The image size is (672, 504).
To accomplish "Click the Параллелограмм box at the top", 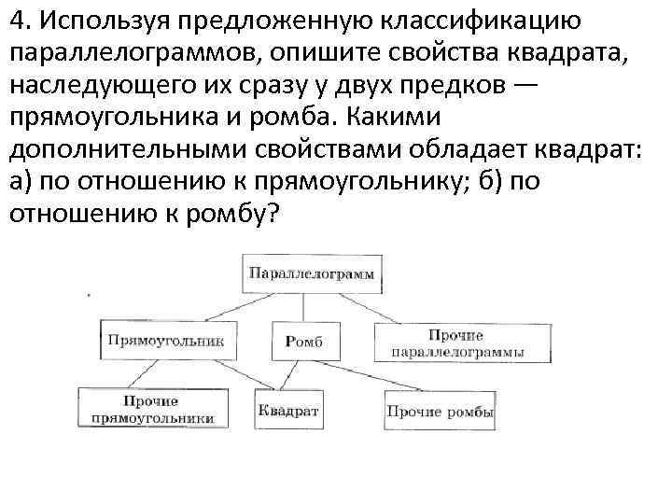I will [311, 273].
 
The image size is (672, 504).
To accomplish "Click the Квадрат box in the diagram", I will [288, 410].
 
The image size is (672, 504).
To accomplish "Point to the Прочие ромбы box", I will [441, 411].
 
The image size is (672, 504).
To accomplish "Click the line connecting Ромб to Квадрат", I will [295, 373].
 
